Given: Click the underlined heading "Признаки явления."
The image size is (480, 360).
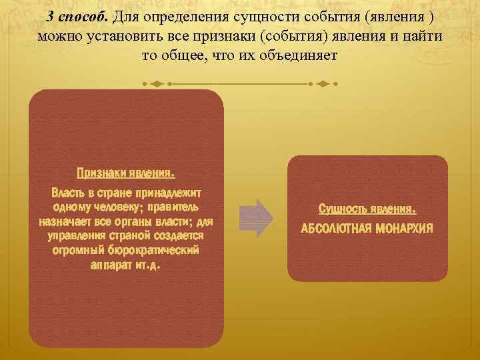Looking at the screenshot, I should pyautogui.click(x=126, y=173).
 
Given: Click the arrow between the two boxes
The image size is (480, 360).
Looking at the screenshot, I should pyautogui.click(x=255, y=217).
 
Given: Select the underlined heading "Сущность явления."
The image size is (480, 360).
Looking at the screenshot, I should pyautogui.click(x=367, y=209).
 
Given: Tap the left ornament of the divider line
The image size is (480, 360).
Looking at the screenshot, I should pyautogui.click(x=156, y=84).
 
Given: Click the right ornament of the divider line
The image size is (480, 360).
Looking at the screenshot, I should pyautogui.click(x=323, y=84).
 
